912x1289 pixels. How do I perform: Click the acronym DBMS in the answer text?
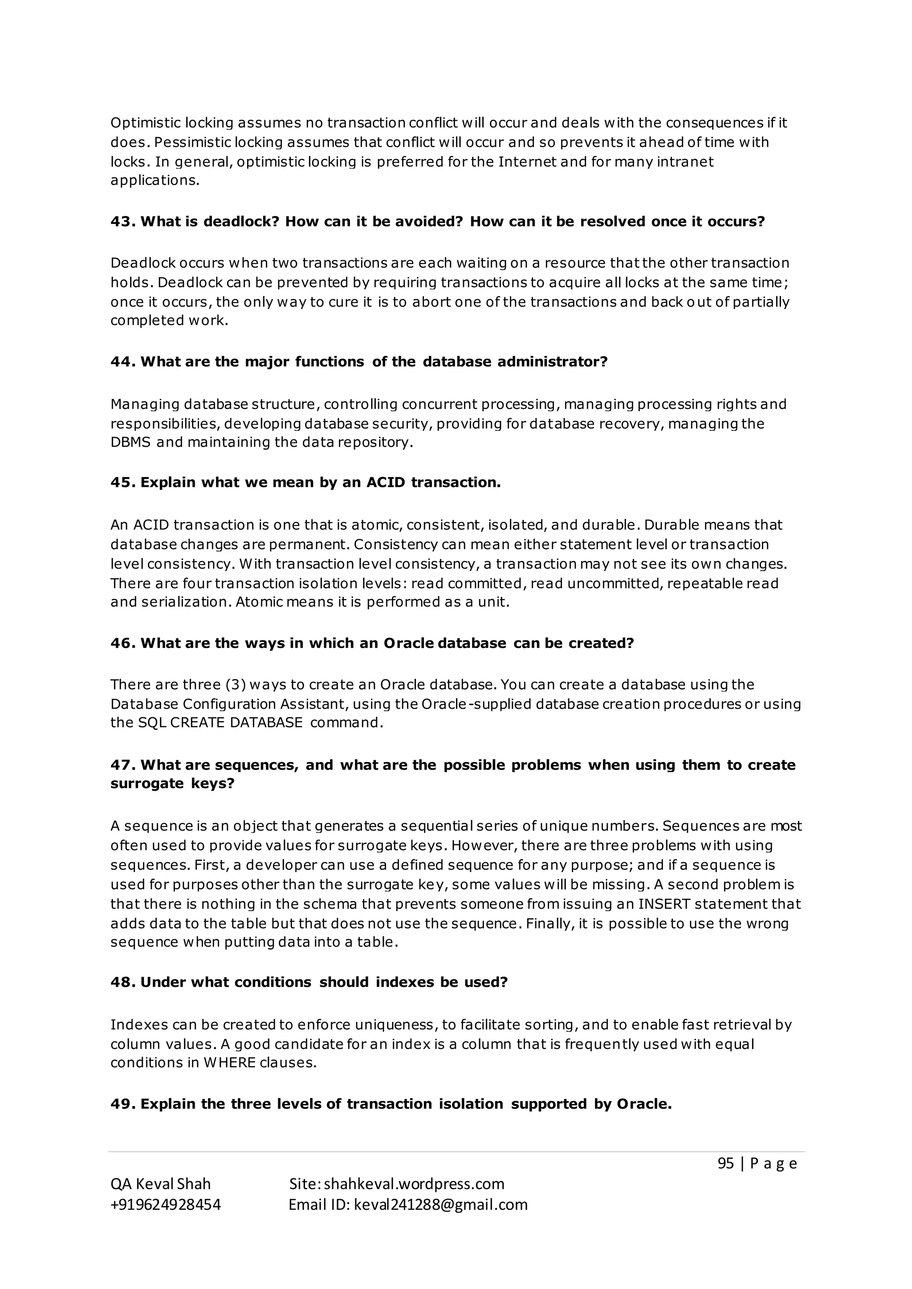(x=130, y=442)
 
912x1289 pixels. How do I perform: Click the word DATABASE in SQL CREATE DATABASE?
(x=266, y=722)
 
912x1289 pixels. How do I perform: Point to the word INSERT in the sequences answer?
(x=663, y=904)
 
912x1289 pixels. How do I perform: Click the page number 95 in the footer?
(x=725, y=1164)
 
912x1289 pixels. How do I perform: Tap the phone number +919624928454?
(x=166, y=1205)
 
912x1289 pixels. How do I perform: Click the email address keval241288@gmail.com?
(x=440, y=1205)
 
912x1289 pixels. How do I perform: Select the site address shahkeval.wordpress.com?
(x=414, y=1184)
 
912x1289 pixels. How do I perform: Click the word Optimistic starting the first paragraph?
(x=146, y=123)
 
